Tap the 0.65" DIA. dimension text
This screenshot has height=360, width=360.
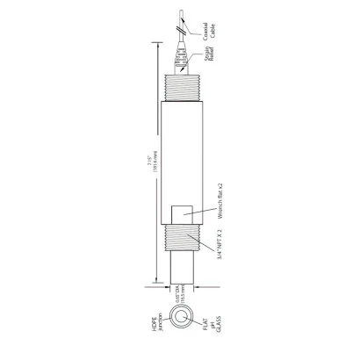point(178,296)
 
